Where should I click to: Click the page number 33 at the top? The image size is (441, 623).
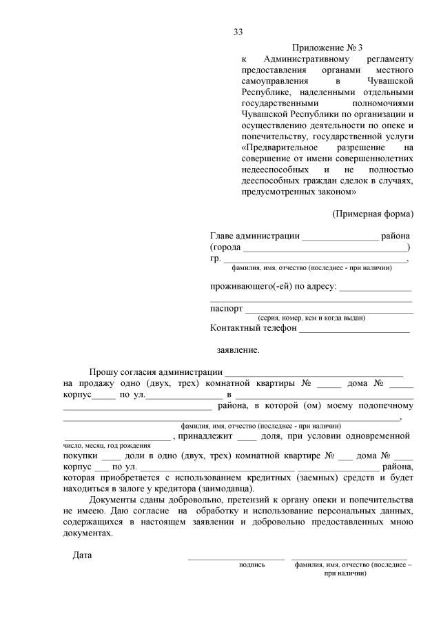pyautogui.click(x=238, y=32)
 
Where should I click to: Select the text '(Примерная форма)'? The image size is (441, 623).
pyautogui.click(x=373, y=213)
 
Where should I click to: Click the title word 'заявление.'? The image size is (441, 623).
pyautogui.click(x=238, y=350)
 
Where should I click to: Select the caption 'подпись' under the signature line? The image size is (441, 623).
pyautogui.click(x=252, y=564)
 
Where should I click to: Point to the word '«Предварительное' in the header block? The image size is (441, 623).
pyautogui.click(x=279, y=147)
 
